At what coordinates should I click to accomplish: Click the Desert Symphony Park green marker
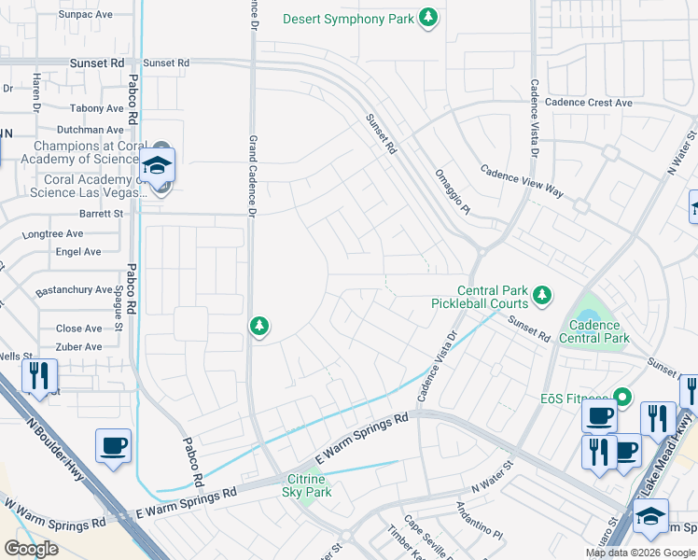pyautogui.click(x=428, y=19)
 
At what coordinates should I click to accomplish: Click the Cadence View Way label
pyautogui.click(x=522, y=181)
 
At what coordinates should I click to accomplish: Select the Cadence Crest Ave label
pyautogui.click(x=589, y=103)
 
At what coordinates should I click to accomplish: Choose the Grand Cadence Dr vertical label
pyautogui.click(x=252, y=175)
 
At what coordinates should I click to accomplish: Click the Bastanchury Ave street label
pyautogui.click(x=74, y=290)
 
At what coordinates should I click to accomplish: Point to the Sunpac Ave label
pyautogui.click(x=85, y=15)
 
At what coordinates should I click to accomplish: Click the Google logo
pyautogui.click(x=31, y=549)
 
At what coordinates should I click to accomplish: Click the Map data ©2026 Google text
pyautogui.click(x=639, y=553)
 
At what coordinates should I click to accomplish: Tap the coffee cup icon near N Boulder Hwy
pyautogui.click(x=113, y=446)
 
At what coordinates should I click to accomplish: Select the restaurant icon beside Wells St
pyautogui.click(x=39, y=376)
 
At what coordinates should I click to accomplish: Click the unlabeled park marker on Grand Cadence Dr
pyautogui.click(x=259, y=326)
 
